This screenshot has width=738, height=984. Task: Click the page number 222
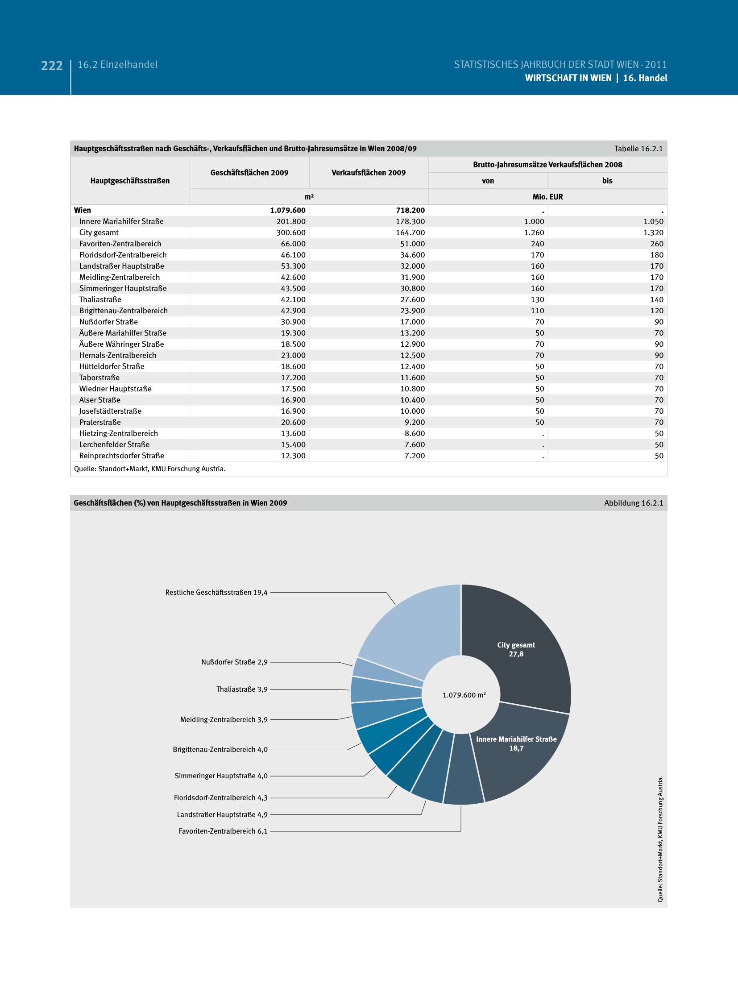click(52, 66)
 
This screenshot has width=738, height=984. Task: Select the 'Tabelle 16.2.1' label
click(638, 149)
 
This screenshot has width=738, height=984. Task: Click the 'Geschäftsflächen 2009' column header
click(249, 173)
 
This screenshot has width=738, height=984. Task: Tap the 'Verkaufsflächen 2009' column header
click(369, 173)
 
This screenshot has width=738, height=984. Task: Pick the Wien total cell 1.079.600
click(288, 210)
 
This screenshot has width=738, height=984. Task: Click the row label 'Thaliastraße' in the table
click(100, 299)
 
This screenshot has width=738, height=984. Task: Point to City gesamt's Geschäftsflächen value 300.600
click(291, 233)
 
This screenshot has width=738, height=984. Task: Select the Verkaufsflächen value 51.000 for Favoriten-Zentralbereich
click(412, 244)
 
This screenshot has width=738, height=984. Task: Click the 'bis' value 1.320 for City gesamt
click(653, 233)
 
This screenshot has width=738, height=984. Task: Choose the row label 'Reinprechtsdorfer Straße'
click(122, 456)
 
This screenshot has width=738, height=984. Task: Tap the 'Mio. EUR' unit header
click(547, 197)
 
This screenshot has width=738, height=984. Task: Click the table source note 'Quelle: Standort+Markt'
click(149, 469)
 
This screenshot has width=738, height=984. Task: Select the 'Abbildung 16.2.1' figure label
click(634, 503)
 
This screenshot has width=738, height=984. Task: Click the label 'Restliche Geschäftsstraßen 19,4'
click(216, 593)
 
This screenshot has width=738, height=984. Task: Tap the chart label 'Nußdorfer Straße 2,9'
click(234, 662)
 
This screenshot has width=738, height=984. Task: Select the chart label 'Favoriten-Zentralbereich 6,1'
click(223, 831)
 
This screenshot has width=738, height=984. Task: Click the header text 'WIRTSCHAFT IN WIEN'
click(568, 78)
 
